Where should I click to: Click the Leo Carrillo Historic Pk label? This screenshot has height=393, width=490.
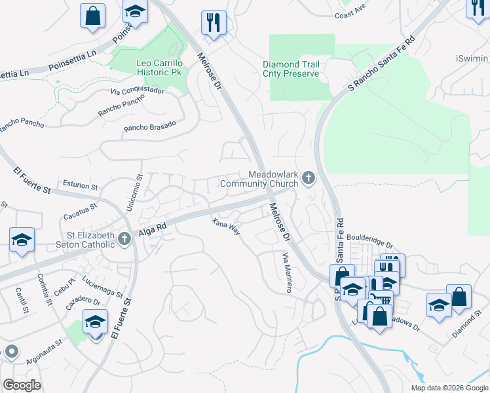coord(159,67)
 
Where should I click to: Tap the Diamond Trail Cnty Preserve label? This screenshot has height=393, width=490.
coord(291,69)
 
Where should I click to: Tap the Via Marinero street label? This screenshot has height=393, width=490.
coord(286,272)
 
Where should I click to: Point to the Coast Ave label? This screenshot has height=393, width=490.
coord(350,13)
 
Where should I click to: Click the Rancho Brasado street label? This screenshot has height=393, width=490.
coord(150,126)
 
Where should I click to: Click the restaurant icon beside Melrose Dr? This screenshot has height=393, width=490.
coord(214,24)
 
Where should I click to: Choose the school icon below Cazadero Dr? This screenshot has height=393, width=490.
coord(95,322)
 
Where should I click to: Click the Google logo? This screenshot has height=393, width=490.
coord(22,385)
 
